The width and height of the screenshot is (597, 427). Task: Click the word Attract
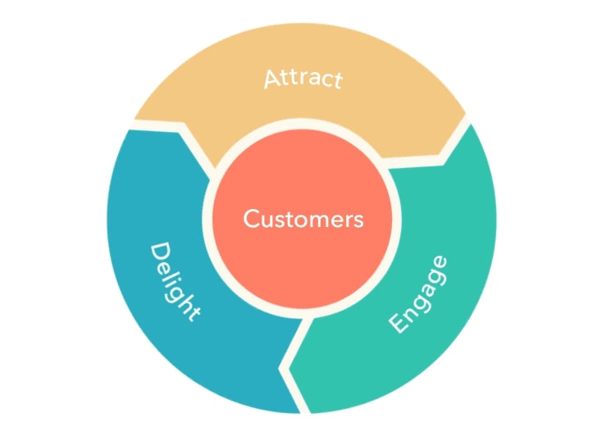tap(303, 79)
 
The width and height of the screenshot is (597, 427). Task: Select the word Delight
tap(174, 281)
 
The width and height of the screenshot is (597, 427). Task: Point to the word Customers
tap(303, 219)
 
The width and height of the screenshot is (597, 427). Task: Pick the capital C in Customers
tap(251, 219)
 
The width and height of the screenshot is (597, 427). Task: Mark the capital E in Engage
tap(399, 322)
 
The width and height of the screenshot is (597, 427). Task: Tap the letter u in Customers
tap(267, 220)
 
